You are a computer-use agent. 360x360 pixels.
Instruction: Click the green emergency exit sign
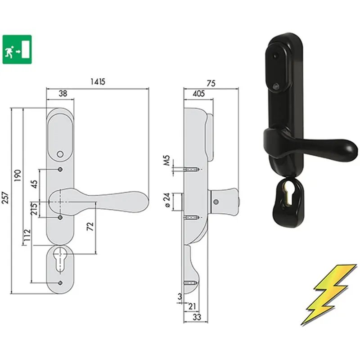[x=17, y=49]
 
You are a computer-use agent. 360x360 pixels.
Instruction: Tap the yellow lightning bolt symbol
[x=329, y=295]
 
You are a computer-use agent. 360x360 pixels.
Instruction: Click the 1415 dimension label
[x=98, y=82]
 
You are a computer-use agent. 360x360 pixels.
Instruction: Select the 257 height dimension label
[x=5, y=198]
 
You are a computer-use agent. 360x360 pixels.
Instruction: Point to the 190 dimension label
[x=18, y=175]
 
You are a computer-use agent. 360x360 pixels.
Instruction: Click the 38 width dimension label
[x=63, y=94]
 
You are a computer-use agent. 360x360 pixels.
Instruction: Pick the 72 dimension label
[x=90, y=226]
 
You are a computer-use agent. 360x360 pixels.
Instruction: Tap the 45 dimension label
[x=34, y=184]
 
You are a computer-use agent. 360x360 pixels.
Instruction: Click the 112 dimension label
[x=27, y=235]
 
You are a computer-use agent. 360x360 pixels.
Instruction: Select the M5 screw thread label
[x=167, y=160]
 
